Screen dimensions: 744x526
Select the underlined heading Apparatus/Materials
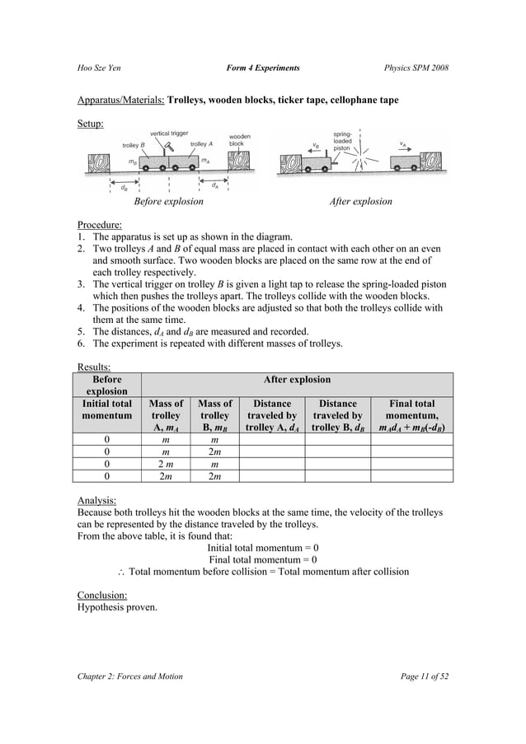click(120, 100)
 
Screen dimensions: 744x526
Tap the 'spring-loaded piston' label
click(342, 140)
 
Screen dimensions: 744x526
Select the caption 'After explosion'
click(360, 202)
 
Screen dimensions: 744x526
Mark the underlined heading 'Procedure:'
click(99, 223)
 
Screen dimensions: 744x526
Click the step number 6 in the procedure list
click(81, 343)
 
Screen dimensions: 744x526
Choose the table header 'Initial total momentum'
click(108, 409)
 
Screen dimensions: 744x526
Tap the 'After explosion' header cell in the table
click(296, 380)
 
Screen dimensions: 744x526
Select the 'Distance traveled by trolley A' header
click(272, 416)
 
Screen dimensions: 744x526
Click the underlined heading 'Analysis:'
click(96, 499)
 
